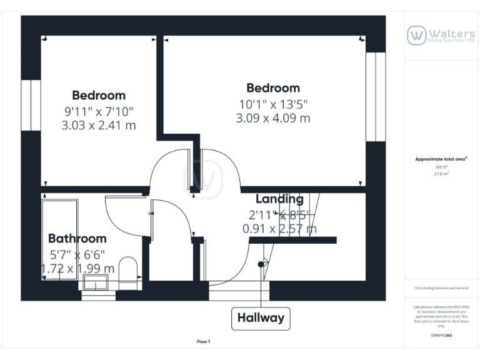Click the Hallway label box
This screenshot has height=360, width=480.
(261, 318)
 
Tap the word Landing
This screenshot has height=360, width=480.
(279, 199)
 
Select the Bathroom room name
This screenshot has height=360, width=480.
(77, 238)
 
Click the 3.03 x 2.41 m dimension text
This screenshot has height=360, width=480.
(98, 125)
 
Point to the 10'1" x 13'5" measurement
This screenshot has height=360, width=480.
(272, 104)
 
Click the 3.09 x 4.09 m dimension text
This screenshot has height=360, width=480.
(272, 118)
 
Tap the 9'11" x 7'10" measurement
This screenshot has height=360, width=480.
(98, 111)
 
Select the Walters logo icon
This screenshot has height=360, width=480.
(417, 35)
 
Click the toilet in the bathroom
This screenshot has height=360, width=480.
(128, 269)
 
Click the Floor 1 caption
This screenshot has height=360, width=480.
(204, 341)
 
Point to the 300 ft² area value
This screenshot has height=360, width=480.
(441, 167)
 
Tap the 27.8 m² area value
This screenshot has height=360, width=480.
(441, 174)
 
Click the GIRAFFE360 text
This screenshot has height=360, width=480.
(441, 336)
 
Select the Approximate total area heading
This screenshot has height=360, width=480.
(441, 159)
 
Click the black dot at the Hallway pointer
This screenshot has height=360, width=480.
(261, 264)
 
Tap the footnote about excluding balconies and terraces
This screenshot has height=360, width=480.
(441, 288)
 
